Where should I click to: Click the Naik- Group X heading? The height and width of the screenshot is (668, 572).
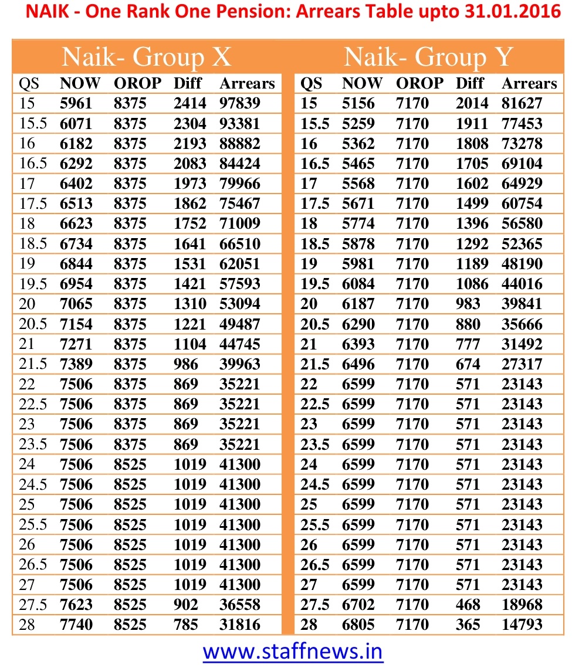click(147, 57)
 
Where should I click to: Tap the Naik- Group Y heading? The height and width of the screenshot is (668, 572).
click(428, 57)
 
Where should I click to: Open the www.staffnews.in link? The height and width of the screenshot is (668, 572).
click(293, 651)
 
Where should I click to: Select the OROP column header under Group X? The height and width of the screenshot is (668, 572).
click(137, 83)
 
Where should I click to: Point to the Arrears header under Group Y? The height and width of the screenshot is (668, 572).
click(529, 83)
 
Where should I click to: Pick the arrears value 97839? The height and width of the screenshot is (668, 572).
click(239, 104)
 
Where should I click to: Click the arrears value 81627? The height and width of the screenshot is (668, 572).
click(522, 104)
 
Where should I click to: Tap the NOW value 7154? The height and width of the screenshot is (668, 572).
click(76, 324)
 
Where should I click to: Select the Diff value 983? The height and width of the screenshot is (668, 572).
click(468, 304)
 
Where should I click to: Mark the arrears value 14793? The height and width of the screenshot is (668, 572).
click(522, 625)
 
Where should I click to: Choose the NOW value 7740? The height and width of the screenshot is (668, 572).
click(76, 625)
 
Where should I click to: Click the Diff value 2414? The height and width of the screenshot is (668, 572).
click(190, 104)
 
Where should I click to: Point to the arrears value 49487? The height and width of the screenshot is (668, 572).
click(239, 324)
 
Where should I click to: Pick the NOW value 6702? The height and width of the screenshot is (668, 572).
click(358, 605)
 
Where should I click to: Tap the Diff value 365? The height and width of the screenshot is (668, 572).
click(468, 625)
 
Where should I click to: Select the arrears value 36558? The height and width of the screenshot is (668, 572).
click(239, 605)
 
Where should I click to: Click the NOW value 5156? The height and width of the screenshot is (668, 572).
click(358, 104)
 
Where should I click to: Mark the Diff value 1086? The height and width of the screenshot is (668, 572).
click(472, 284)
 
